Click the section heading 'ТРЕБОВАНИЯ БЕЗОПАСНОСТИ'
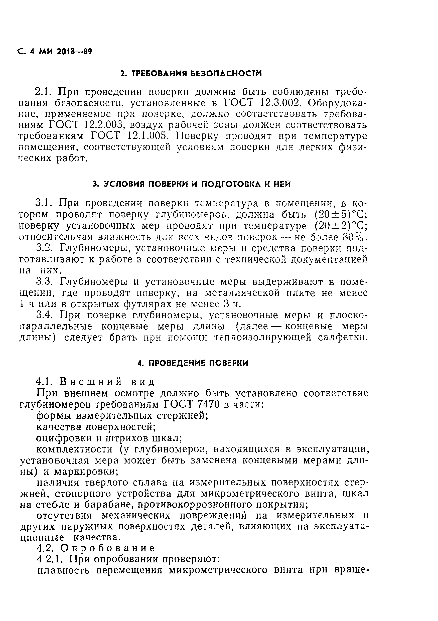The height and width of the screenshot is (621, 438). click(191, 73)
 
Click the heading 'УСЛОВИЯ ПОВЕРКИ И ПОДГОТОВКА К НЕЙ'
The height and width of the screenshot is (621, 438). click(192, 184)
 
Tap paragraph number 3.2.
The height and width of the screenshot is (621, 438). click(45, 248)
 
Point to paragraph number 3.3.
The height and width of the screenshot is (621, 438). click(45, 282)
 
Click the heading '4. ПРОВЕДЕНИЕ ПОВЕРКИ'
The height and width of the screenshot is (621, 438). click(193, 363)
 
